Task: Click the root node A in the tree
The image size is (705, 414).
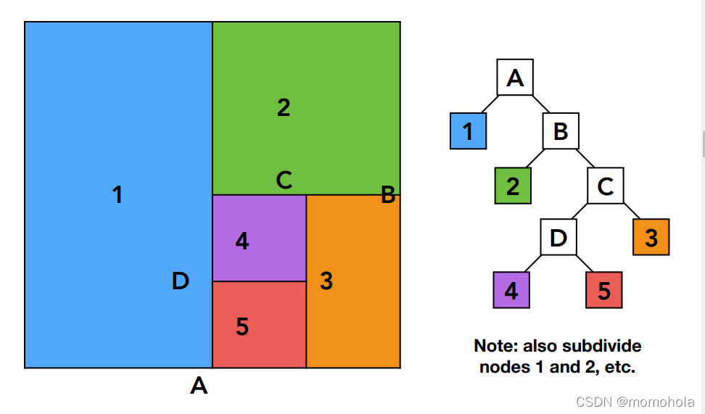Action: pyautogui.click(x=515, y=78)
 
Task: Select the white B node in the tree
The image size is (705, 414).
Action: pyautogui.click(x=561, y=131)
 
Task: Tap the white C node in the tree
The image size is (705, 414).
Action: pyautogui.click(x=605, y=186)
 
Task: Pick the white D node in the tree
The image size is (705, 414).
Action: pyautogui.click(x=558, y=237)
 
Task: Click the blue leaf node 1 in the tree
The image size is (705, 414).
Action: pyautogui.click(x=468, y=131)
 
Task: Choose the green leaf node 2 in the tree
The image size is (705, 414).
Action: pyautogui.click(x=513, y=186)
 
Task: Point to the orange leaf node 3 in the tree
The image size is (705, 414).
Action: pyautogui.click(x=651, y=237)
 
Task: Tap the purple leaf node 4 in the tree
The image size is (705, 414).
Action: pyautogui.click(x=511, y=290)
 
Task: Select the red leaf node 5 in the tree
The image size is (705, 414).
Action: pyautogui.click(x=604, y=290)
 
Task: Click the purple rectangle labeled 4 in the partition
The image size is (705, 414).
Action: pyautogui.click(x=260, y=239)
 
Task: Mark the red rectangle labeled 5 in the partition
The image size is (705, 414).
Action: pyautogui.click(x=260, y=325)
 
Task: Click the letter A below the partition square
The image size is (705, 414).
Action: pyautogui.click(x=199, y=386)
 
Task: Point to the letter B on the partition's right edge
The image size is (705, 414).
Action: pyautogui.click(x=388, y=195)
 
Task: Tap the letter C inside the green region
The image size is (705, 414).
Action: pyautogui.click(x=284, y=180)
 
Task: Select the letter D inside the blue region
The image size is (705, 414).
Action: pyautogui.click(x=181, y=281)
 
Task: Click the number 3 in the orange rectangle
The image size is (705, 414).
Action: pyautogui.click(x=326, y=281)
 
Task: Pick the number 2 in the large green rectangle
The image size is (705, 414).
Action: pyautogui.click(x=284, y=108)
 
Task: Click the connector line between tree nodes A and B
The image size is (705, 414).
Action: pyautogui.click(x=541, y=104)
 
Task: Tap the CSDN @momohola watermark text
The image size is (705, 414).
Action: pyautogui.click(x=635, y=402)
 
